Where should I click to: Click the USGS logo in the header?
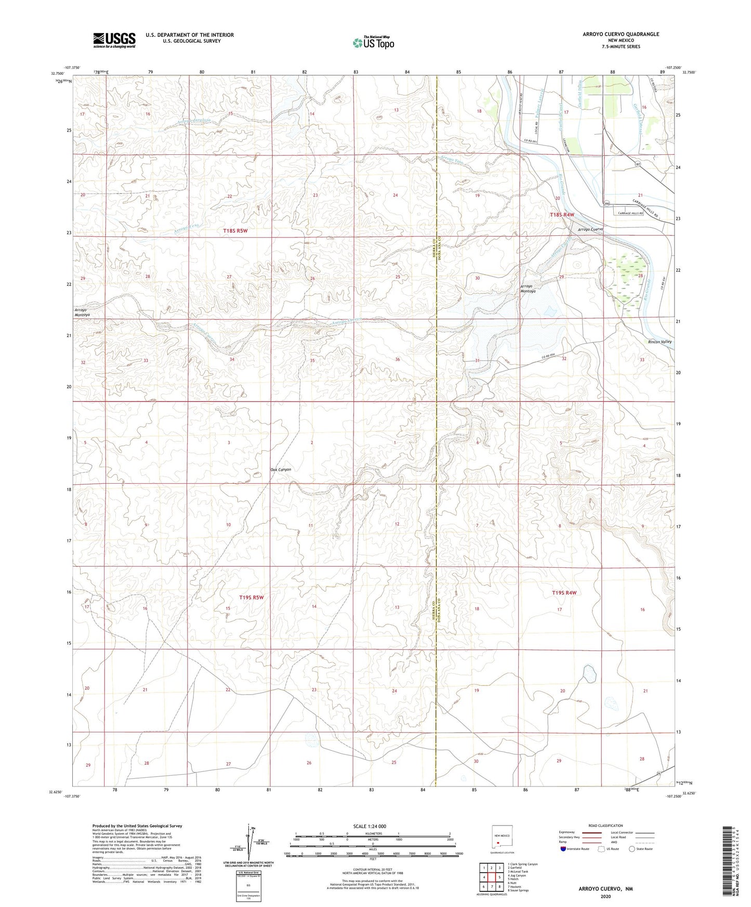(114, 40)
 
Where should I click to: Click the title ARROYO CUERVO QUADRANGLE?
(613, 34)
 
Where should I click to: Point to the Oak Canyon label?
(281, 470)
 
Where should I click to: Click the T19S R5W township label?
(252, 597)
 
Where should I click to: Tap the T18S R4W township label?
(562, 215)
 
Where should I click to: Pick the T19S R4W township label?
(564, 593)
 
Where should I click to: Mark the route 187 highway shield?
(637, 163)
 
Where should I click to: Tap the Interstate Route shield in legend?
(563, 849)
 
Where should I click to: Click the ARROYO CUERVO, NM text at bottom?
(605, 889)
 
